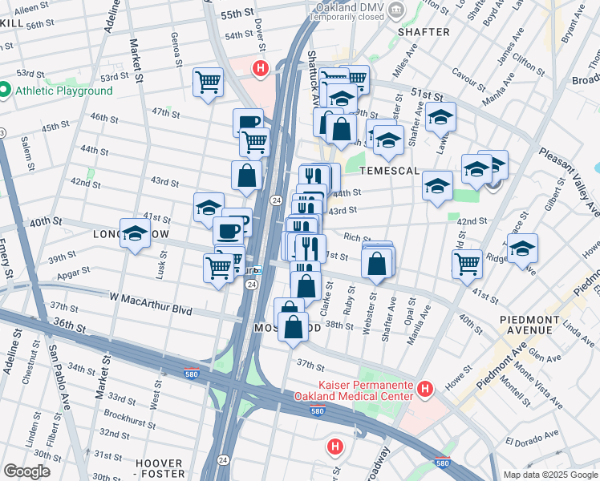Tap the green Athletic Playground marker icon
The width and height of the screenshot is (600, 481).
[4, 91]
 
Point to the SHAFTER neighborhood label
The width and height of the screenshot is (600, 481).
[423, 32]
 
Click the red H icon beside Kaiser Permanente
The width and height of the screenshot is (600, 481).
[425, 389]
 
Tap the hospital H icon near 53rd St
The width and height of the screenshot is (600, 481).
[260, 69]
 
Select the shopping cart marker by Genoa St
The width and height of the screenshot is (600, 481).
[208, 81]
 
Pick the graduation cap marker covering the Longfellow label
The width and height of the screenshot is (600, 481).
[135, 233]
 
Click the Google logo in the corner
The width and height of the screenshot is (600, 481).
[27, 471]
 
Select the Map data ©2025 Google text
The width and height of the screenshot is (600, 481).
[550, 475]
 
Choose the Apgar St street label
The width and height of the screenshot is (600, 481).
[67, 274]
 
